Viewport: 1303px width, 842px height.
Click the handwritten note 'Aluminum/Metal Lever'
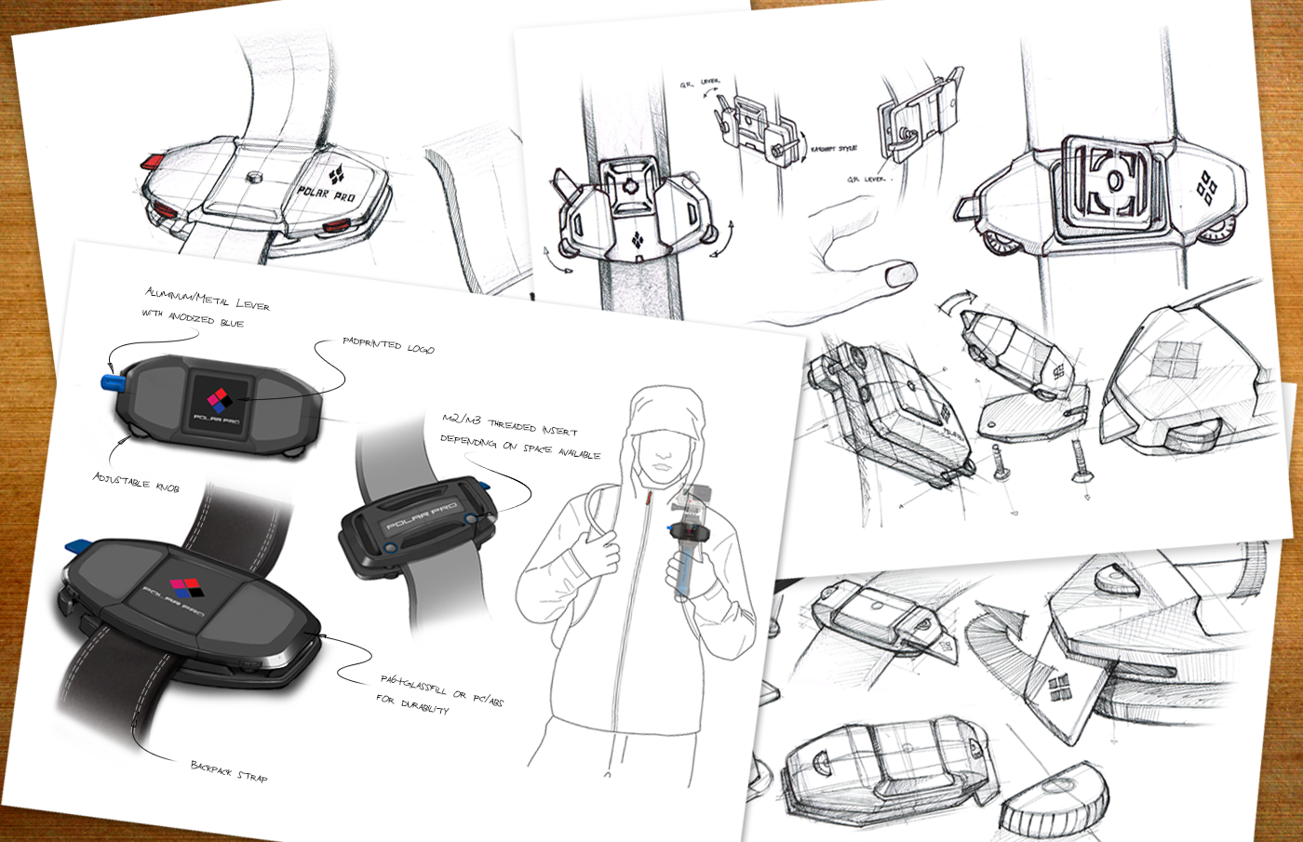coord(207,299)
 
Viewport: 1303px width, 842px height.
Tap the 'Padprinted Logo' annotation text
coord(387,345)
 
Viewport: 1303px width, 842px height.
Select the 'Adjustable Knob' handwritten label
coord(136,482)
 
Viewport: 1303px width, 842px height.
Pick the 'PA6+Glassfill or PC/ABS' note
coord(441,689)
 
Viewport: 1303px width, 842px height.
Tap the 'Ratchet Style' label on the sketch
coord(833,149)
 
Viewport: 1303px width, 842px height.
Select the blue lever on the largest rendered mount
coord(76,545)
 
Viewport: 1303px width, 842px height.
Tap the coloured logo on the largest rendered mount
coord(185,588)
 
